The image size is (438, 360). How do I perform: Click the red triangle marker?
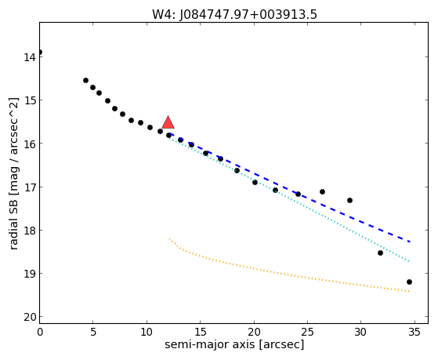coord(168,122)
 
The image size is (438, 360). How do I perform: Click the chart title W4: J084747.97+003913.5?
coord(234,14)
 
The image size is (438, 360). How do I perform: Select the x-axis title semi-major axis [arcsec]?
coord(234,344)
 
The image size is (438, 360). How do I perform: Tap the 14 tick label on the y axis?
coord(30,57)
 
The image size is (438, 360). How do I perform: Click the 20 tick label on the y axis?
coord(30,317)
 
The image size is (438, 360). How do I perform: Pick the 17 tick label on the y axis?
coord(30,187)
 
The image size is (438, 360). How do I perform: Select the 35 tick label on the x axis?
coord(414,332)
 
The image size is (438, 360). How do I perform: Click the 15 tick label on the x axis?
coord(200,332)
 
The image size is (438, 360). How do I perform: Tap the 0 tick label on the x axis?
coord(40,332)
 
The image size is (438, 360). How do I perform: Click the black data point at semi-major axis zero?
coord(40,53)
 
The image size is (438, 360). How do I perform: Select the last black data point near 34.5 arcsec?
coord(409,282)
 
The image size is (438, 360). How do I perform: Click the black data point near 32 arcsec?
coord(380,253)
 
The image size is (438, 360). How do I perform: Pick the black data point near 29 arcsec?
coord(349,200)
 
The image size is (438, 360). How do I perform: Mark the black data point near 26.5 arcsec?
coord(322,191)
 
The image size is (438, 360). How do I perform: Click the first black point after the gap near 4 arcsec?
coord(85,80)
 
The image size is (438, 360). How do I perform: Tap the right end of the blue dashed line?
coord(410,242)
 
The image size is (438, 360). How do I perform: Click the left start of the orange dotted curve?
coord(169,238)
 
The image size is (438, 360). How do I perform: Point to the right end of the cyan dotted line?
coord(409,261)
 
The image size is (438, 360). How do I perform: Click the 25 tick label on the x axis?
coord(307,332)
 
